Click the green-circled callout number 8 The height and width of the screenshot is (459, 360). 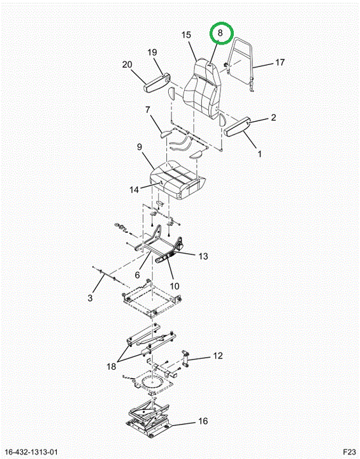click(220, 33)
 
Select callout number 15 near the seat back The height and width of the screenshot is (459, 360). click(186, 35)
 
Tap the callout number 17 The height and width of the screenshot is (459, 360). click(280, 62)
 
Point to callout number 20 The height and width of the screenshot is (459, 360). click(127, 64)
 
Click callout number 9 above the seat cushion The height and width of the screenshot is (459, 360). click(140, 147)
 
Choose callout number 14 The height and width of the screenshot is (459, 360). click(134, 190)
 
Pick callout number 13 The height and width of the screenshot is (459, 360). click(203, 256)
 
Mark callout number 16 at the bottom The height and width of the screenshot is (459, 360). click(203, 421)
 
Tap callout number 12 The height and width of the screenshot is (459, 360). click(218, 356)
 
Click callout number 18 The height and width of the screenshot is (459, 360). click(112, 366)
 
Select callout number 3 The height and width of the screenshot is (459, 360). click(90, 298)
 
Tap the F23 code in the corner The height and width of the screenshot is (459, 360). click(349, 452)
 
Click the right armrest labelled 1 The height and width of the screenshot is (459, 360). click(237, 126)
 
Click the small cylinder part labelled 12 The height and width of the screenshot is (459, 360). click(185, 358)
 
